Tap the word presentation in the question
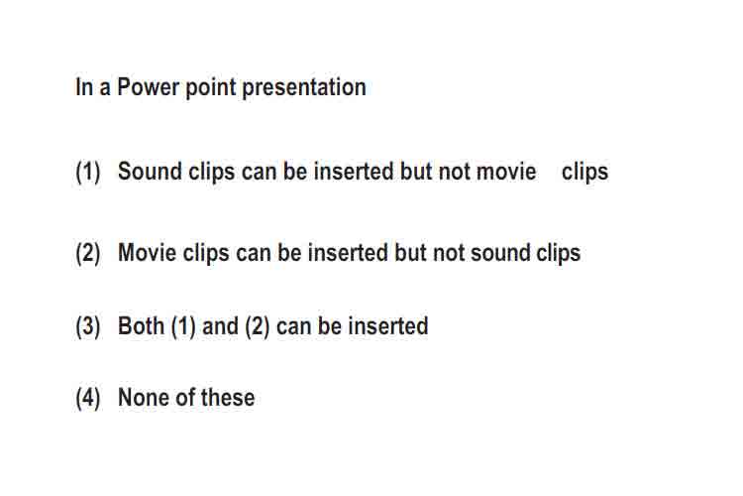coord(304,88)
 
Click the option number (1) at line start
coord(87,172)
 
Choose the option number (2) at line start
coord(87,253)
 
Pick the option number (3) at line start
coord(87,326)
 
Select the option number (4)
coord(87,398)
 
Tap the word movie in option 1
coord(506,172)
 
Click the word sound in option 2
coord(500,253)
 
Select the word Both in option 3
coord(142,326)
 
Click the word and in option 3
coord(220,326)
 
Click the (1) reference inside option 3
coord(183,326)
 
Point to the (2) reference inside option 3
coord(258,326)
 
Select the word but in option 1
coord(416,172)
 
